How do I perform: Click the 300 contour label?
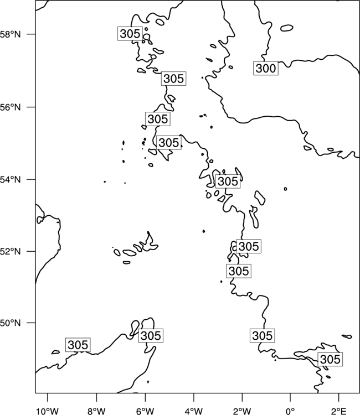point(266,68)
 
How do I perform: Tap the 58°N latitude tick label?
point(10,34)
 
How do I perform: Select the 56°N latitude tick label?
point(10,107)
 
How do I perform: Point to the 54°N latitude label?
point(10,179)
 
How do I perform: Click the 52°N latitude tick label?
point(10,251)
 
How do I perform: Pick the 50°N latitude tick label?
point(10,323)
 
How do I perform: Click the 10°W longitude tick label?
point(48,411)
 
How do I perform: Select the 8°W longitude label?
point(96,411)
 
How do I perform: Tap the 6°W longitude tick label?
point(145,411)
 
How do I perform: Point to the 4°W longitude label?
point(194,411)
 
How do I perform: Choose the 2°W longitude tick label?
point(242,411)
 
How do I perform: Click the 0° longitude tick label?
point(290,411)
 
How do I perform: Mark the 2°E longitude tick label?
point(338,411)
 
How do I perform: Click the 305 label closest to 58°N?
point(130,34)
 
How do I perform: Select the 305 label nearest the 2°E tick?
point(330,360)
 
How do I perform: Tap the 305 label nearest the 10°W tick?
point(78,345)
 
